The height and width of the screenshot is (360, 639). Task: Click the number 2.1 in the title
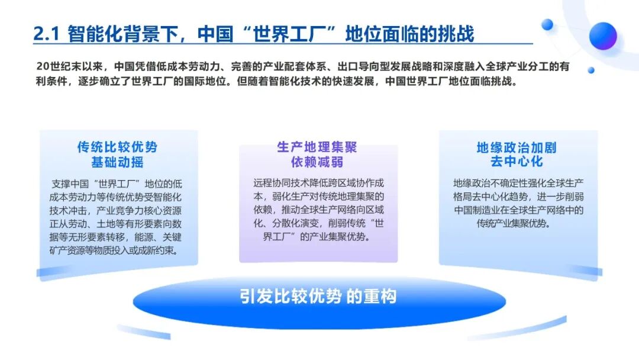(47, 34)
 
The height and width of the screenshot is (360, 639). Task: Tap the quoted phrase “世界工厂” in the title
(294, 34)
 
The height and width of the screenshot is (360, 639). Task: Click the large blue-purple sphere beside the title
(603, 36)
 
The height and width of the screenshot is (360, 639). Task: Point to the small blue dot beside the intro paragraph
(591, 70)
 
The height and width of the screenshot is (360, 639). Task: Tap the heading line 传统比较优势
(117, 147)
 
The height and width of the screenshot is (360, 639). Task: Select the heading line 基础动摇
(117, 162)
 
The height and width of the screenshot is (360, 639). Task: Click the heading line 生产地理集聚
(317, 147)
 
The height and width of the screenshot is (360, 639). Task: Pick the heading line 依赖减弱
(317, 162)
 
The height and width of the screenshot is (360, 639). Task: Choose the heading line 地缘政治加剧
(517, 147)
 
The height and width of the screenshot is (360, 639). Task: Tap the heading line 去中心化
(517, 162)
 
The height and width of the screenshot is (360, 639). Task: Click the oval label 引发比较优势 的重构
(318, 297)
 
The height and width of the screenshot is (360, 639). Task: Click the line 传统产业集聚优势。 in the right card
(514, 223)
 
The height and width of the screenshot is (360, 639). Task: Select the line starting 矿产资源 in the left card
(115, 250)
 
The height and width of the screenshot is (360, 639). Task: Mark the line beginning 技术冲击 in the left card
(116, 210)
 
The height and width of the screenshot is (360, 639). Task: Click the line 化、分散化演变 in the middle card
(319, 223)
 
